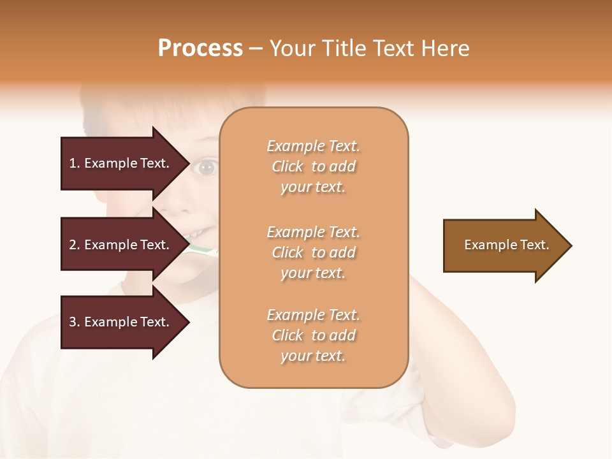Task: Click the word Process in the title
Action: click(200, 48)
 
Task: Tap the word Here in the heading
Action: click(444, 48)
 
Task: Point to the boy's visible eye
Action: click(206, 168)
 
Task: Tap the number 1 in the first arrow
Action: click(73, 163)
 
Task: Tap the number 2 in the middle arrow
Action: click(73, 245)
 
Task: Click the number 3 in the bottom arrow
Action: click(73, 322)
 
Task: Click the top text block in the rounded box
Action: click(313, 166)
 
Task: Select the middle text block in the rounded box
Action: click(313, 252)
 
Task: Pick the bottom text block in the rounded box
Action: click(313, 335)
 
